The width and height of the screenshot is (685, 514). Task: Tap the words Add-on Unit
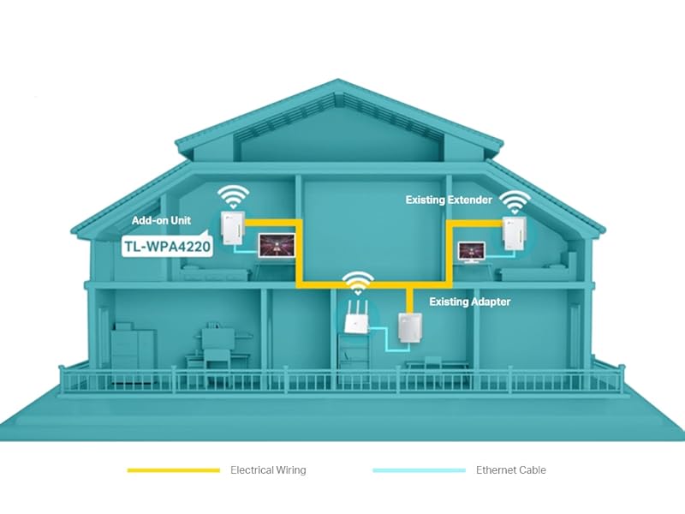click(x=161, y=220)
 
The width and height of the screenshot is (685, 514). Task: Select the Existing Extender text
click(x=449, y=200)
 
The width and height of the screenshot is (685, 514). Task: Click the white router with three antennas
click(x=355, y=319)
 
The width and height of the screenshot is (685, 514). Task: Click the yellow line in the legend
click(x=173, y=470)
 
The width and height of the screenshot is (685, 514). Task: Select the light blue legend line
click(x=419, y=470)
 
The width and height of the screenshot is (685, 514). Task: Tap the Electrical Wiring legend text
click(x=268, y=470)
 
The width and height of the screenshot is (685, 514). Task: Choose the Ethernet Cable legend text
click(x=510, y=470)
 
